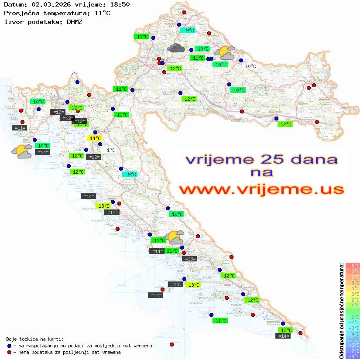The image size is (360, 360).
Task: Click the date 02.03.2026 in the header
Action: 48,5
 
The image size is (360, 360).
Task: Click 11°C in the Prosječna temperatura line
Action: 102,13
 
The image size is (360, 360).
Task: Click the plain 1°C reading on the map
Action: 111,150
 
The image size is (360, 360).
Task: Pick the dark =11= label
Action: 20,128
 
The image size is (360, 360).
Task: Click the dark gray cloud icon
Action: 176,48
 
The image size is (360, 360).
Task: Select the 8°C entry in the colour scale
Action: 353,265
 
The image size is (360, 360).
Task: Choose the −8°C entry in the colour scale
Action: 353,356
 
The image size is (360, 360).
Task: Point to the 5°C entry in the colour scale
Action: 353,282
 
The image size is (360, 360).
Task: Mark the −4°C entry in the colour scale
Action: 353,333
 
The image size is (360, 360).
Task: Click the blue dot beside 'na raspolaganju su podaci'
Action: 10,346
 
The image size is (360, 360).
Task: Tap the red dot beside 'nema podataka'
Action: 10,352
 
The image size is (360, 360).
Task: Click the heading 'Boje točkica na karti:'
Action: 35,339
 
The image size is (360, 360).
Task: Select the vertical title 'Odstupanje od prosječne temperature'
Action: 341,311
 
